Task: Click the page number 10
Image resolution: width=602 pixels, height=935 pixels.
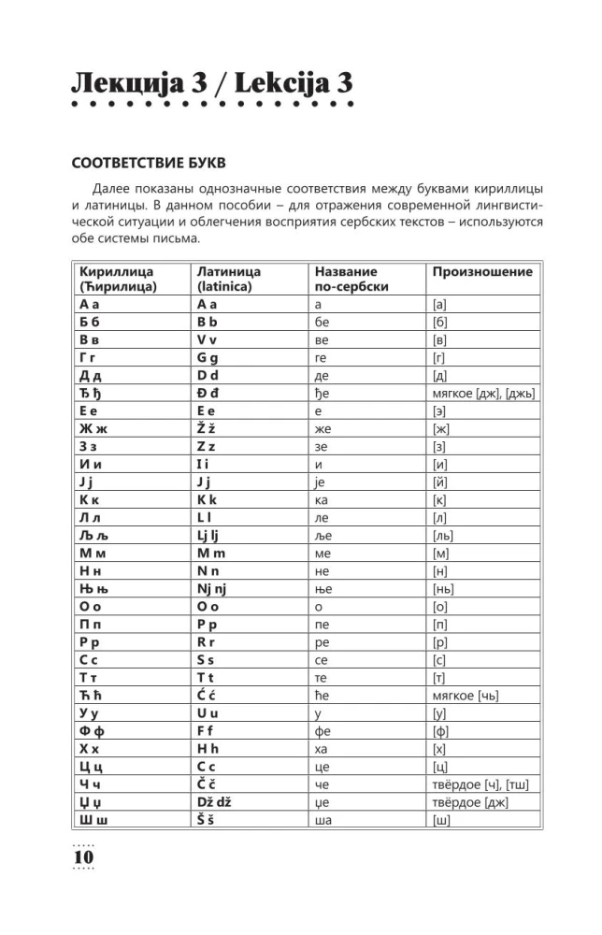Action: pyautogui.click(x=83, y=856)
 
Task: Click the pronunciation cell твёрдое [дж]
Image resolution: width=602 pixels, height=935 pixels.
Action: pyautogui.click(x=477, y=802)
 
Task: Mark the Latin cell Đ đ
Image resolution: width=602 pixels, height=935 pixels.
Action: pyautogui.click(x=210, y=393)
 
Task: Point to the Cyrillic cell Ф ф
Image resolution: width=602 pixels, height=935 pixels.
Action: pyautogui.click(x=95, y=731)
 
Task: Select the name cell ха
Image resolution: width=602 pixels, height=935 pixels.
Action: pyautogui.click(x=323, y=750)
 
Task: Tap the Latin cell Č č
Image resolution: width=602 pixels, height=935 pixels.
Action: pyautogui.click(x=209, y=784)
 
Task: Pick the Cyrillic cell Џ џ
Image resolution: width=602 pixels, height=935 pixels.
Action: pyautogui.click(x=94, y=803)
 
